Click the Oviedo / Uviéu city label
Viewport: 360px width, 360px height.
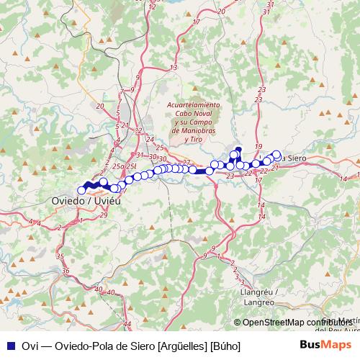tap(83, 201)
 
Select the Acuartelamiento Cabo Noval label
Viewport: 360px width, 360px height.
tap(193, 112)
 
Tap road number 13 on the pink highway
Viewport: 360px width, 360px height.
tap(173, 67)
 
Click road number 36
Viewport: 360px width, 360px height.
tap(66, 271)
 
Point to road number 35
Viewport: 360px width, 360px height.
tap(60, 256)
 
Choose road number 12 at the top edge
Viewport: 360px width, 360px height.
tap(152, 6)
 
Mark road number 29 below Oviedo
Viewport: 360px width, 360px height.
tap(104, 215)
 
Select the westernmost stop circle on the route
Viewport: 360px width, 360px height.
tap(81, 190)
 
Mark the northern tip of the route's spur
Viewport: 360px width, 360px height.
tap(238, 150)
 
